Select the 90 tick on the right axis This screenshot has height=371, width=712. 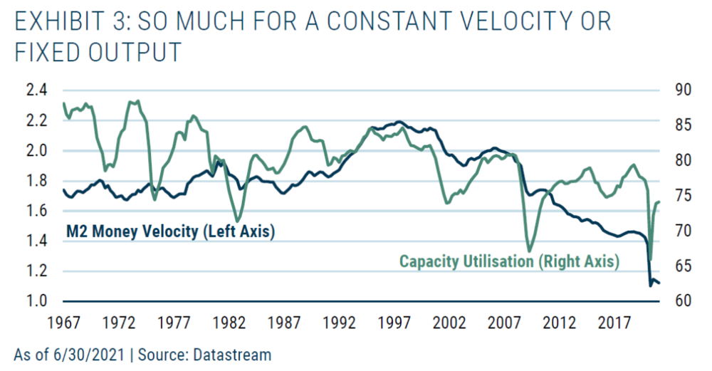coord(681,90)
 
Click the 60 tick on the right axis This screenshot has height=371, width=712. coord(681,301)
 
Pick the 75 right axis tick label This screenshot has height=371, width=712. coord(681,196)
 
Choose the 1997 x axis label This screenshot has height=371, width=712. coord(396,321)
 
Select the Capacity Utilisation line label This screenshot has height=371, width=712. coord(509,261)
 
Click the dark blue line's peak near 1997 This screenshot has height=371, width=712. coord(399,122)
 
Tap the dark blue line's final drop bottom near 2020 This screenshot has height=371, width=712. coord(650,285)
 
